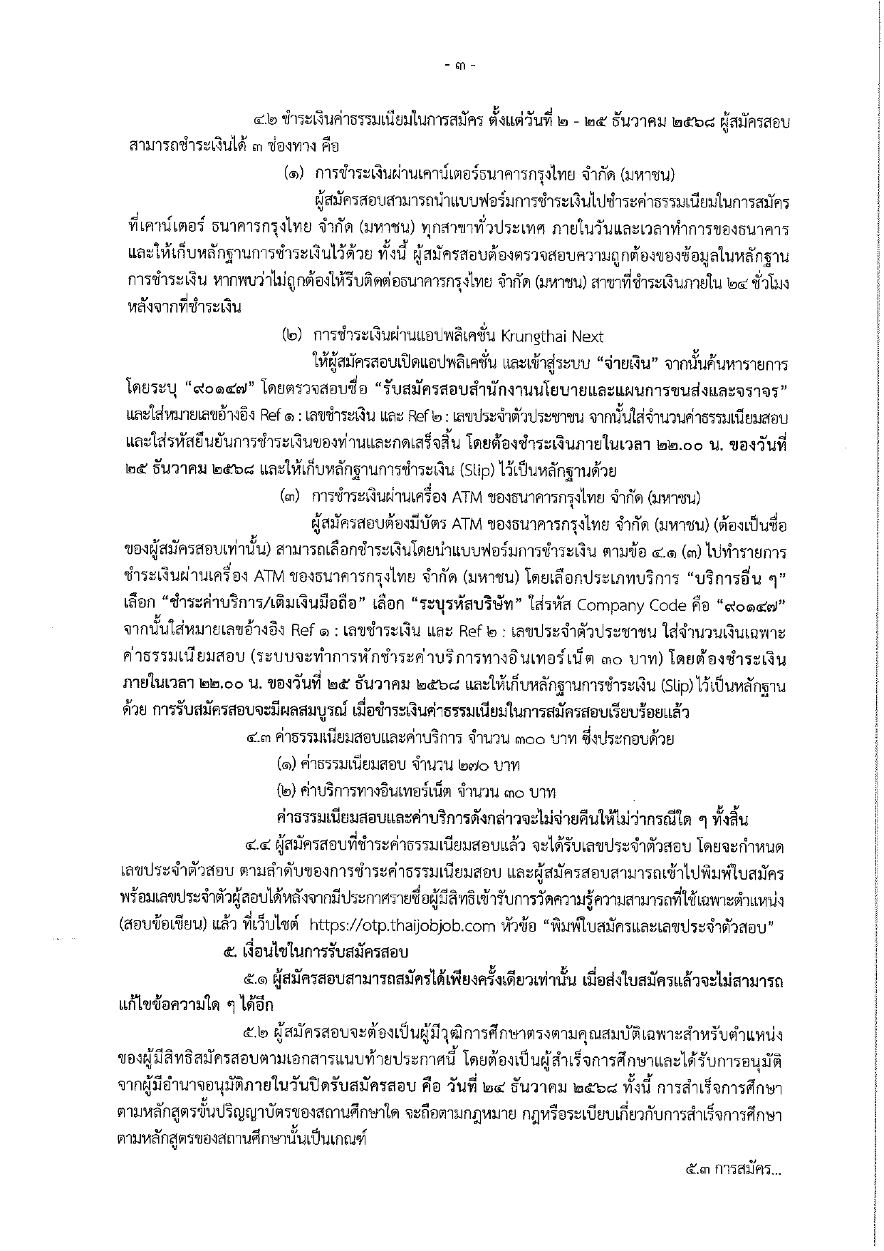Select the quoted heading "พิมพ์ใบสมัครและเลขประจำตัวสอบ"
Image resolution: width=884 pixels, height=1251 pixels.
pyautogui.click(x=658, y=927)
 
